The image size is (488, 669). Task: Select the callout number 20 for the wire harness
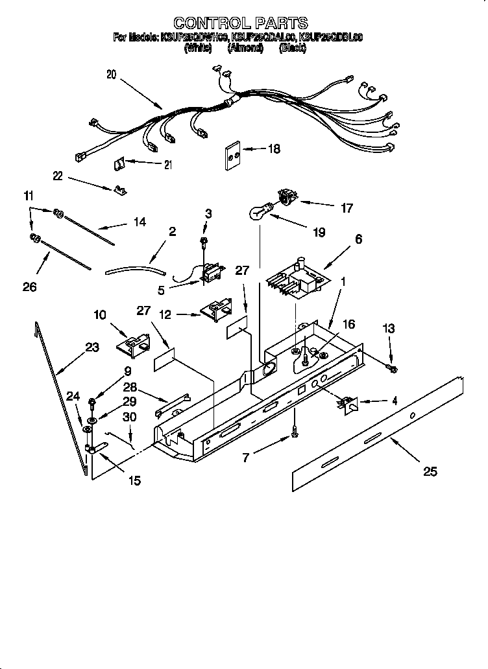111,75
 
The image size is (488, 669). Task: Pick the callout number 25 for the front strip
430,471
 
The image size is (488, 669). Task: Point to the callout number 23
92,347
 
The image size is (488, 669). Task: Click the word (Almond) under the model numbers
245,48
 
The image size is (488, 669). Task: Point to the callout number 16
348,324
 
